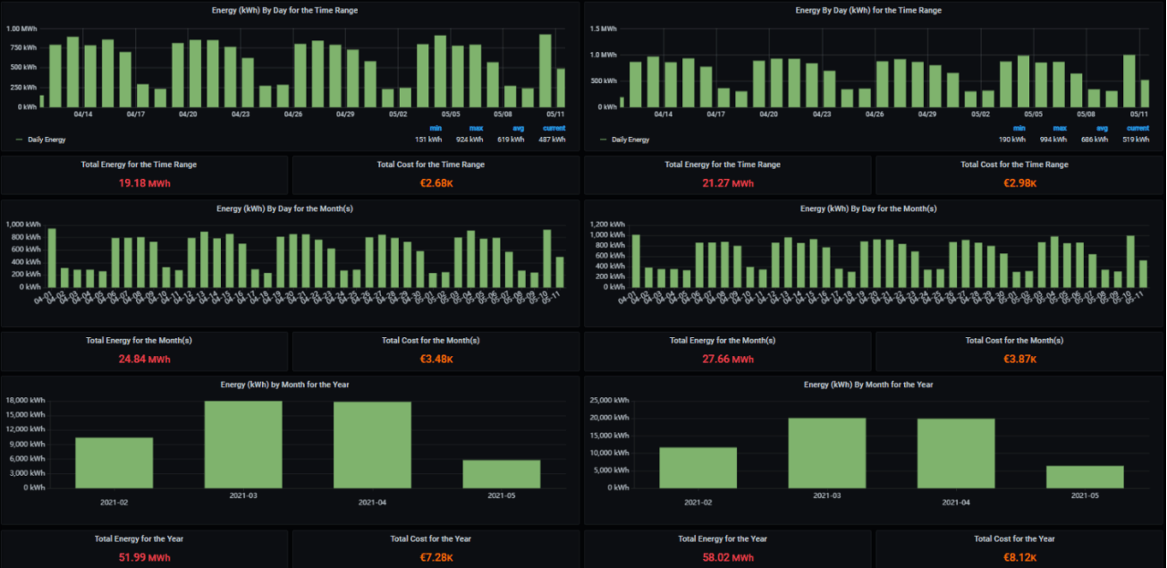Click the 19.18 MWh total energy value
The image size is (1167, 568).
tap(144, 183)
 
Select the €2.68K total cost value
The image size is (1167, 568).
tap(430, 183)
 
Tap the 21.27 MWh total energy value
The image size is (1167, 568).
tap(726, 183)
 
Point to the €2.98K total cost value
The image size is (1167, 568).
tap(1014, 183)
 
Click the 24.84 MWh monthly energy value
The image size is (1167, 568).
tap(144, 360)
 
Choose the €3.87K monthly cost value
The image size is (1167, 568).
tap(1014, 360)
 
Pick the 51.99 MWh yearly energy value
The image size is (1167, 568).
tap(144, 557)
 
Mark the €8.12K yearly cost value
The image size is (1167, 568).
tap(1014, 557)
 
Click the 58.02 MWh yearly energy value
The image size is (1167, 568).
tap(726, 557)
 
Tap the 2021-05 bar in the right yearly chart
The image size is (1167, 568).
tap(1084, 477)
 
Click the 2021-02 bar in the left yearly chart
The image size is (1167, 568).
tap(114, 462)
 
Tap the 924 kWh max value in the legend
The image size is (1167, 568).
tap(469, 140)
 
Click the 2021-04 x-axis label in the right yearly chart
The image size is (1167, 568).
tap(956, 502)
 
